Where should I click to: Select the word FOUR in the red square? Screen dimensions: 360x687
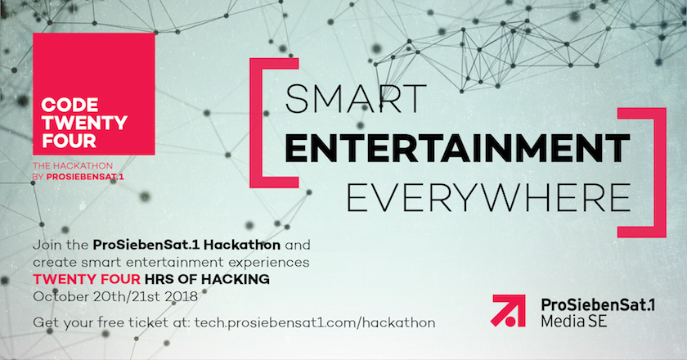coord(65,142)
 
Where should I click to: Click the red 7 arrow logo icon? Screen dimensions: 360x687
coord(510,311)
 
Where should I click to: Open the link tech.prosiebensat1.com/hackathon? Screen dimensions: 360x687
coord(315,322)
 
